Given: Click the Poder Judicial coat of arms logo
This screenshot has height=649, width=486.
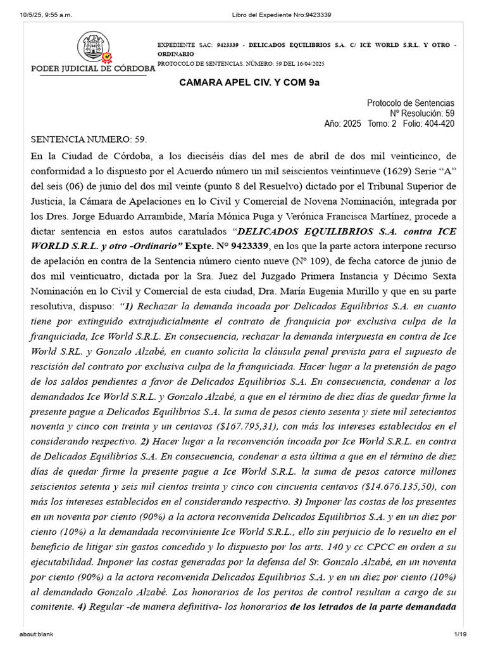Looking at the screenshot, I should pyautogui.click(x=94, y=48).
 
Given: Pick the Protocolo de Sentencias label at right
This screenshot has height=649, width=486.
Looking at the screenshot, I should pyautogui.click(x=410, y=103).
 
